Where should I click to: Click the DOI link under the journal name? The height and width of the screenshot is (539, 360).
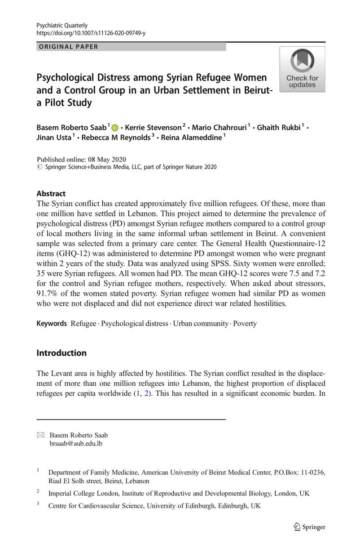[92, 33]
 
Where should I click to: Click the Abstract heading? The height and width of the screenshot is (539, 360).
[50, 194]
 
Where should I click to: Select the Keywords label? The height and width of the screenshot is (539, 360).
[51, 323]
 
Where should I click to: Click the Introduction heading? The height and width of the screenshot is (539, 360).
[61, 353]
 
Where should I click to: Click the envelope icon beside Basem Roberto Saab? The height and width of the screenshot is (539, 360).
[40, 434]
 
